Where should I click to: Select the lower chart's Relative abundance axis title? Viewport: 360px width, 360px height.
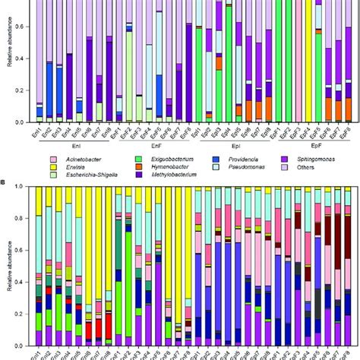click(8, 266)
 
